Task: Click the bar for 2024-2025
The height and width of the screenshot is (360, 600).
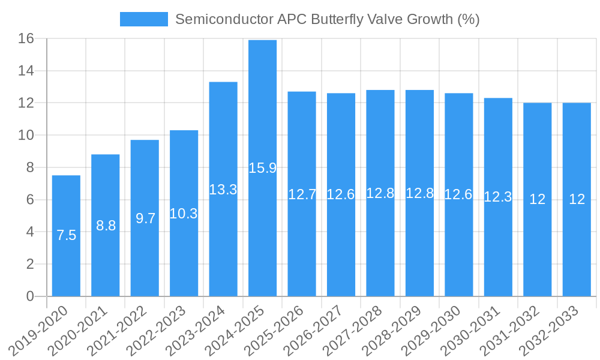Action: [x=262, y=168]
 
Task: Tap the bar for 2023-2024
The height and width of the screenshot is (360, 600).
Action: [x=223, y=189]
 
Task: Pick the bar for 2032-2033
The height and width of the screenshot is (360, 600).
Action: [x=577, y=200]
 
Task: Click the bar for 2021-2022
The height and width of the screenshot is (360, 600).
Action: [x=145, y=218]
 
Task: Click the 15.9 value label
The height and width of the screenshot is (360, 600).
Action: [x=262, y=168]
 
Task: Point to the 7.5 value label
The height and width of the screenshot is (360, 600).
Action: [x=66, y=236]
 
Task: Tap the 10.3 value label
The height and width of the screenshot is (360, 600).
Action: [x=184, y=214]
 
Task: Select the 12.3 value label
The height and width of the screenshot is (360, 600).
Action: [x=498, y=197]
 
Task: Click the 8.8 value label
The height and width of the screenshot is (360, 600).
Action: [x=106, y=226]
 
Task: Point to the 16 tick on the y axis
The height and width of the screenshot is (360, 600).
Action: [x=26, y=39]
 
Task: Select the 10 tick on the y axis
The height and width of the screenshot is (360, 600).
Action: [x=26, y=136]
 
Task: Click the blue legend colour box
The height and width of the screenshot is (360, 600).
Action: [x=144, y=19]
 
